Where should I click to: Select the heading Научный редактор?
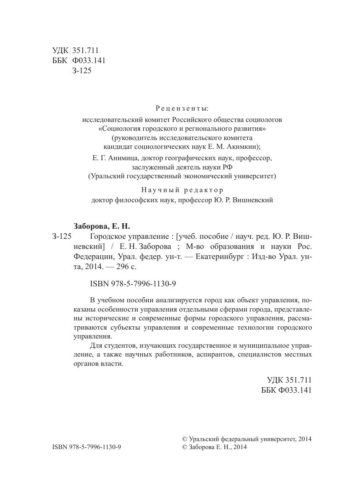pyautogui.click(x=182, y=190)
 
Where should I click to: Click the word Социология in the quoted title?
pyautogui.click(x=116, y=128)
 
